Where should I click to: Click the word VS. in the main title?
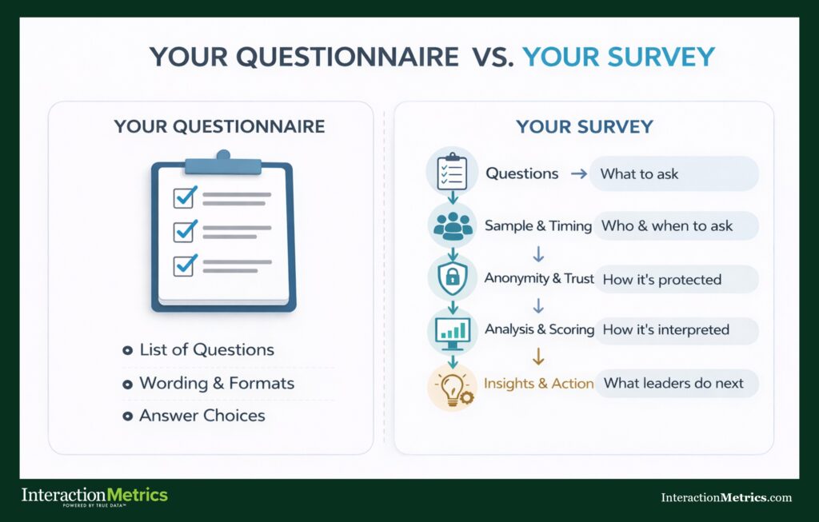(x=488, y=58)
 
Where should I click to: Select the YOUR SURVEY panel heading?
(x=584, y=126)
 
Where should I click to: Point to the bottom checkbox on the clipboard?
(x=186, y=265)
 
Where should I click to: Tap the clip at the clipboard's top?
(x=223, y=163)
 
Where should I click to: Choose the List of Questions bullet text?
(x=206, y=350)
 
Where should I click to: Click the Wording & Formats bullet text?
(x=216, y=383)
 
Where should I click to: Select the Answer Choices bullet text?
(x=202, y=416)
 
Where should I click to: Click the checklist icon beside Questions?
(x=452, y=172)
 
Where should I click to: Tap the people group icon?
(x=453, y=225)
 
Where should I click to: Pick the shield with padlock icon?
(x=453, y=278)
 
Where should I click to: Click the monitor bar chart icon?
(x=453, y=330)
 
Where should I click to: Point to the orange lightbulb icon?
(x=453, y=384)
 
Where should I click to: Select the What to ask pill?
(x=673, y=173)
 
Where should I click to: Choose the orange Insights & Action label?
(x=539, y=383)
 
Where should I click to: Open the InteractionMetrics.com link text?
(x=725, y=497)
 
